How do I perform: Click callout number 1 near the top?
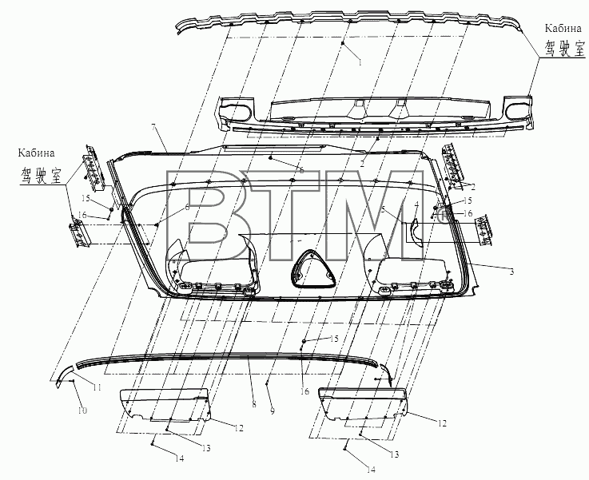click(x=360, y=62)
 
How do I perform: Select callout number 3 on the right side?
click(x=511, y=272)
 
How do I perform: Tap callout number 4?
click(x=416, y=205)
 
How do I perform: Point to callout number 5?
click(x=383, y=210)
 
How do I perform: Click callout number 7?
click(x=153, y=127)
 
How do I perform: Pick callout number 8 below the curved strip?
click(x=254, y=405)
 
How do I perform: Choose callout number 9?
click(x=273, y=411)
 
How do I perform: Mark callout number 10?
click(x=82, y=411)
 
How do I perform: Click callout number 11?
click(x=98, y=387)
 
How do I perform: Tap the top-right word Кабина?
click(x=563, y=28)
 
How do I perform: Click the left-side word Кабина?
click(x=36, y=153)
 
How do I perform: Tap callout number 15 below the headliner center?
click(x=334, y=339)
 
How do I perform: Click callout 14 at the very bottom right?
click(x=371, y=470)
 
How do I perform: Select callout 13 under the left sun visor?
click(x=205, y=448)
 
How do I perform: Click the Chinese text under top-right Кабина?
click(x=564, y=48)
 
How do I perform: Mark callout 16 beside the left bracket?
click(x=82, y=215)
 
